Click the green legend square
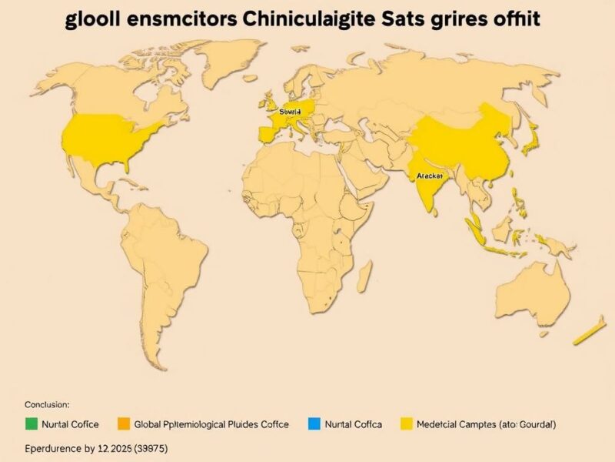coord(32,423)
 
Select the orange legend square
coord(124,423)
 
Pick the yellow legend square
coord(407,423)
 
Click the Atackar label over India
coord(429,176)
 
